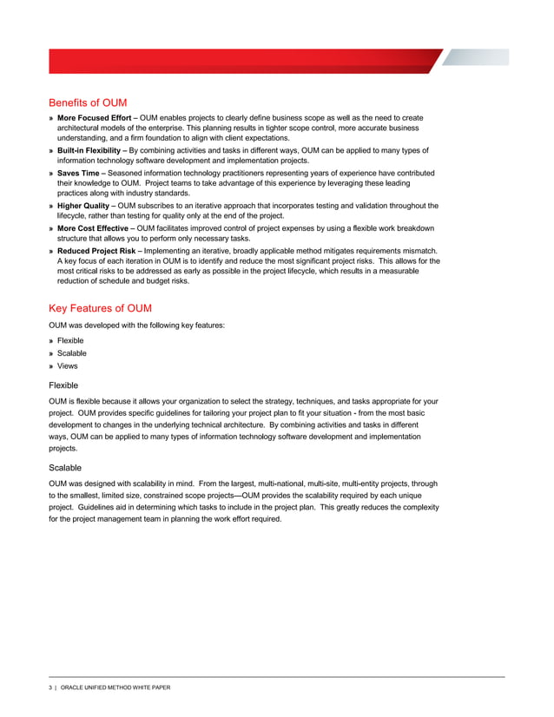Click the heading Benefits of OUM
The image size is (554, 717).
89,102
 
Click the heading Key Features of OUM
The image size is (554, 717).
100,308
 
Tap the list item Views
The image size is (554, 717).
67,366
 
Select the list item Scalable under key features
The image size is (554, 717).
71,353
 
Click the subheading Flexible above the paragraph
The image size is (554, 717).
63,385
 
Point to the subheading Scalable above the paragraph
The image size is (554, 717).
67,468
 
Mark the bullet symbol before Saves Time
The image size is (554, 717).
51,174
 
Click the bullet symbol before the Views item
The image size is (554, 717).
51,366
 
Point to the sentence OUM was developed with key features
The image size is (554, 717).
137,325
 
